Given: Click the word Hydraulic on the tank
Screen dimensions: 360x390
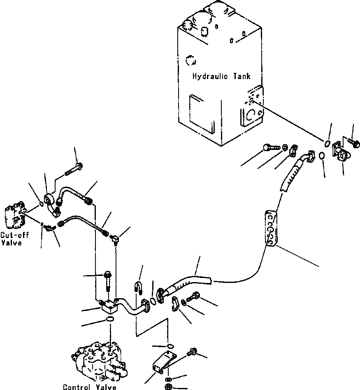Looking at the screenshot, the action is pos(210,76).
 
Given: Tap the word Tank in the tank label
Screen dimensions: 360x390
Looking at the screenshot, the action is pos(242,76).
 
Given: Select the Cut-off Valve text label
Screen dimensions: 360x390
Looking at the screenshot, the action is pos(14,238).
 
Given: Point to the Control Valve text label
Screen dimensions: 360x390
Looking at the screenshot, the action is pos(89,387).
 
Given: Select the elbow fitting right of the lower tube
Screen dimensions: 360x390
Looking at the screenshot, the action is pos(116,240).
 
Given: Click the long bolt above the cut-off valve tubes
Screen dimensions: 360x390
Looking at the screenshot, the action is pos(74,169).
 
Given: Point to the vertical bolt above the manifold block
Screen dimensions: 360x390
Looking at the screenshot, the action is pos(108,281).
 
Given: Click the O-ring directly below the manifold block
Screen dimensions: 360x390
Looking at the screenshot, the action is pos(110,319).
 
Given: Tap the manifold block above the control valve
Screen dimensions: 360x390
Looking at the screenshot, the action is pos(108,307).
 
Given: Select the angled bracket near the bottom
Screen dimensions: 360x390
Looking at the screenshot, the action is pos(164,362).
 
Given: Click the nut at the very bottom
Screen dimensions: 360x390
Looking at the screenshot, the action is pos(169,386).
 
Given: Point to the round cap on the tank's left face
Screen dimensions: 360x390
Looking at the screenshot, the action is pos(190,61).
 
